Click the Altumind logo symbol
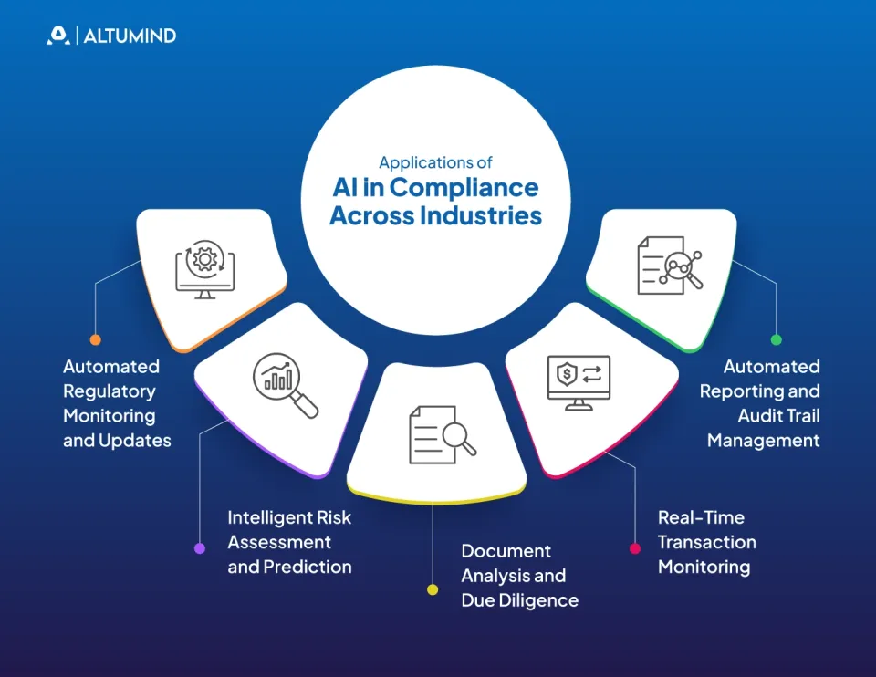tap(58, 36)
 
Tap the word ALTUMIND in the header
tap(130, 36)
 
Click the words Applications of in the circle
tap(435, 162)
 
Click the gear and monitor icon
tap(205, 270)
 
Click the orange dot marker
tap(96, 339)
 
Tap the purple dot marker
tap(200, 548)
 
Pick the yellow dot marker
tap(433, 590)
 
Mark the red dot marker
tap(635, 548)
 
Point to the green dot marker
tap(777, 339)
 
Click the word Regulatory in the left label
tap(109, 391)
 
